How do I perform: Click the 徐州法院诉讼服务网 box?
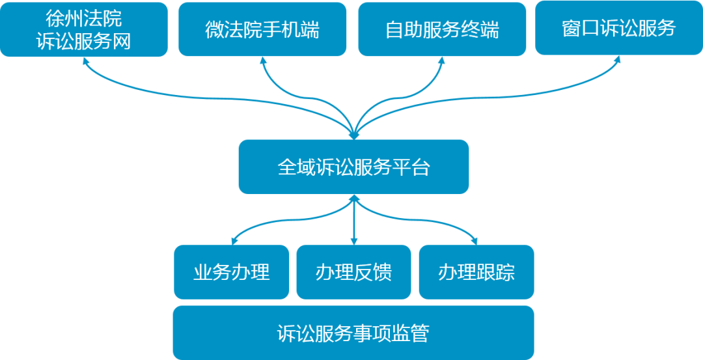[x=83, y=29]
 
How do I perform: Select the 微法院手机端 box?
[x=262, y=29]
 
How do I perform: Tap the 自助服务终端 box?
[x=441, y=29]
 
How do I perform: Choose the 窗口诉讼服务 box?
[x=618, y=28]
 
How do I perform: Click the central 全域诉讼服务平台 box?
[x=353, y=167]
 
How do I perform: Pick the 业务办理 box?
[x=231, y=271]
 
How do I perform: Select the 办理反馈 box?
[x=353, y=271]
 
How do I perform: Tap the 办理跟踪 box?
[x=476, y=271]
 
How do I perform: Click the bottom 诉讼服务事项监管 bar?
[x=353, y=333]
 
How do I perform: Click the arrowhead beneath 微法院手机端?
[x=264, y=61]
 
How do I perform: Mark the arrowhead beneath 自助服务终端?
[x=441, y=61]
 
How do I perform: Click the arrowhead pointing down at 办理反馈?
[x=353, y=240]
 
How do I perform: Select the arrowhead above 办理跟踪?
[x=475, y=238]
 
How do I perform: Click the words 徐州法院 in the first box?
[x=83, y=18]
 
